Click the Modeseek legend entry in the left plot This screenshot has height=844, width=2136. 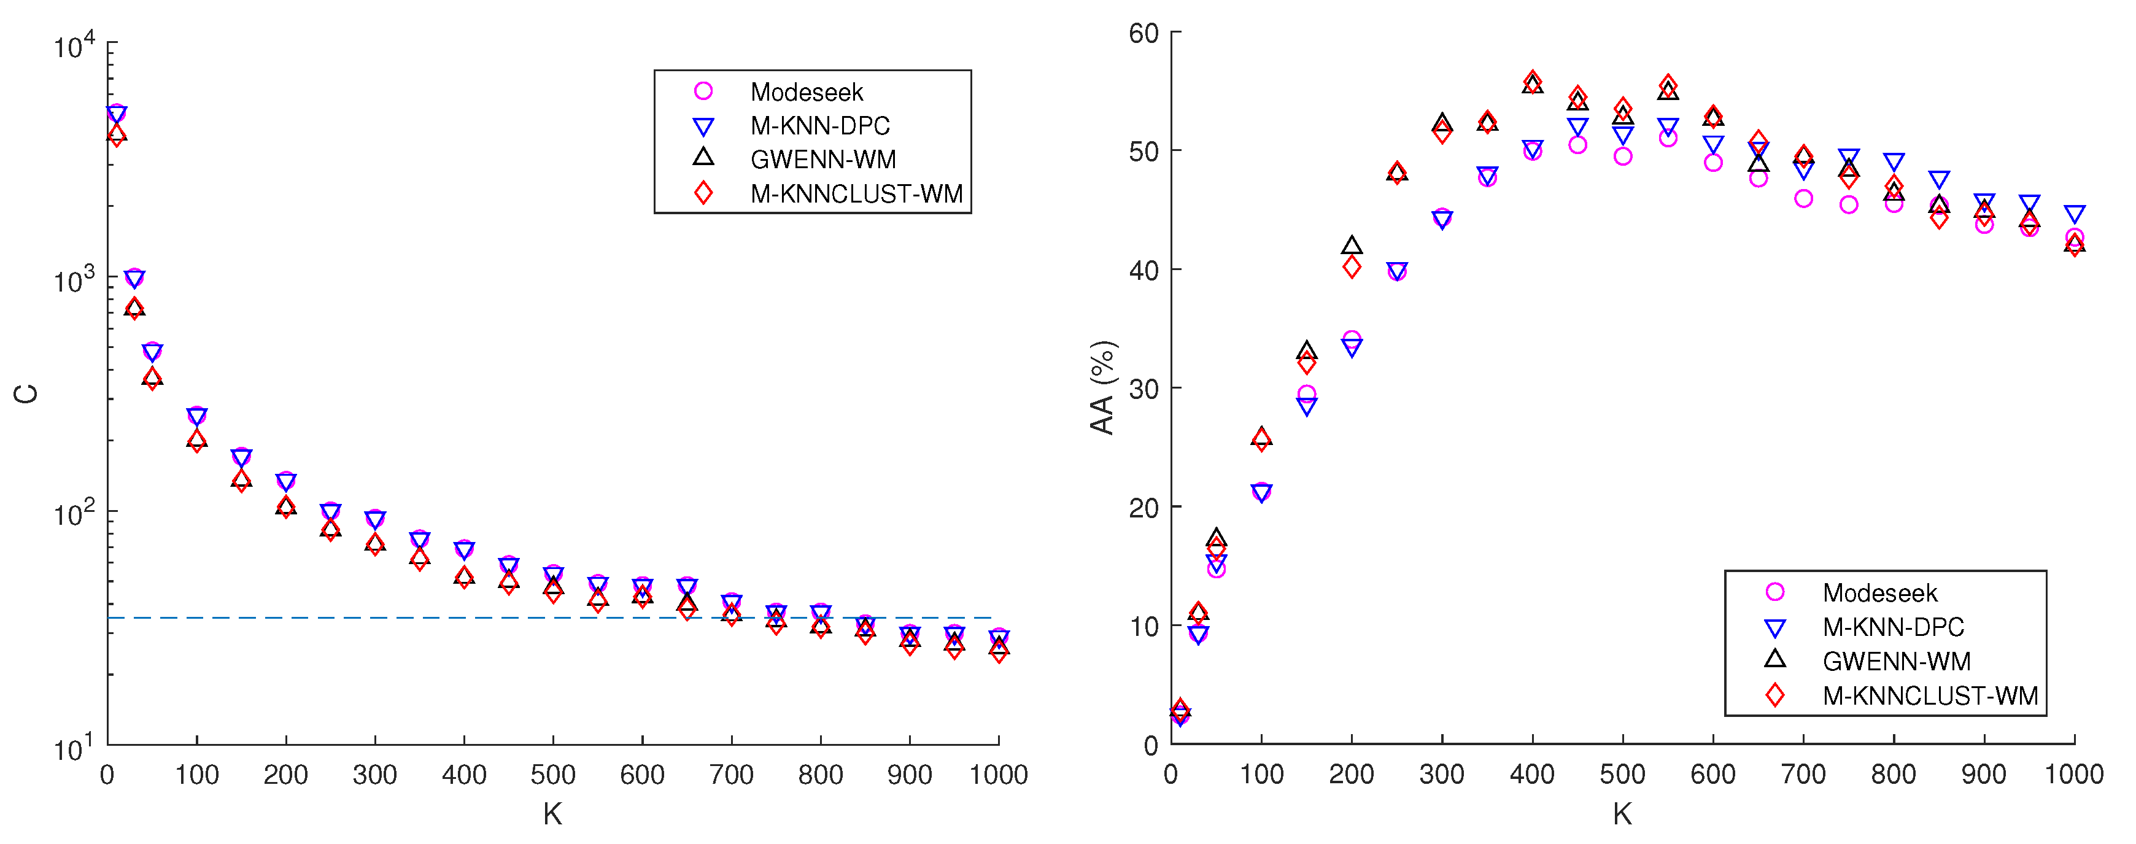tap(806, 92)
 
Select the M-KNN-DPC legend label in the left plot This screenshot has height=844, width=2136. tap(819, 126)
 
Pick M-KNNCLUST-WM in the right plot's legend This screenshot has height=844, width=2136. tap(1930, 695)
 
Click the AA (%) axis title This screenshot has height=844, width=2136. tap(1102, 387)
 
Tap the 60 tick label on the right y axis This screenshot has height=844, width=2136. tap(1143, 33)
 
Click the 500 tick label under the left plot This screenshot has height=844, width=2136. tap(553, 775)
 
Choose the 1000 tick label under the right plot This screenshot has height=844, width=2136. tap(2073, 775)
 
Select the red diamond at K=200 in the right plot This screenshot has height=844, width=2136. tap(1352, 267)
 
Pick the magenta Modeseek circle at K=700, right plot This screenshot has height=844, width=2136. tap(1803, 199)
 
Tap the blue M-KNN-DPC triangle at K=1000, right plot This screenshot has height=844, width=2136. tap(2074, 214)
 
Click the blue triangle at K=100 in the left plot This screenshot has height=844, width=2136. tap(196, 416)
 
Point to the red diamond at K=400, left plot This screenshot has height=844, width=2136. tap(465, 577)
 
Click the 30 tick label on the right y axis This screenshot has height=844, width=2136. tap(1143, 389)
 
